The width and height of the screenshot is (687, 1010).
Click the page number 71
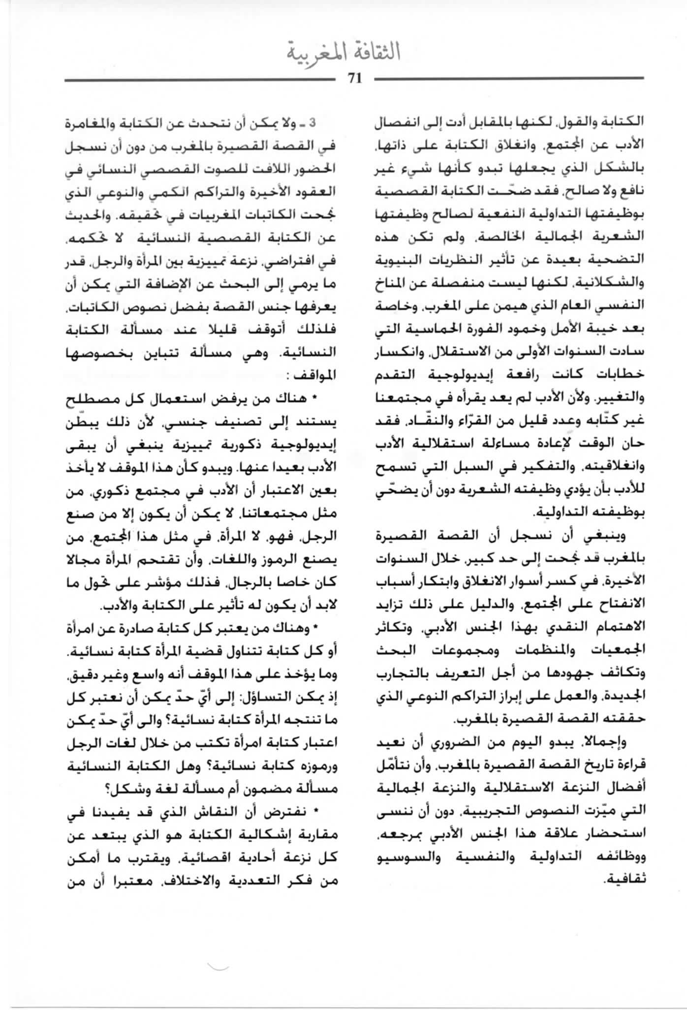click(x=354, y=79)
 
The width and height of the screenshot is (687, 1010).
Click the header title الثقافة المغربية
click(x=343, y=53)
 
